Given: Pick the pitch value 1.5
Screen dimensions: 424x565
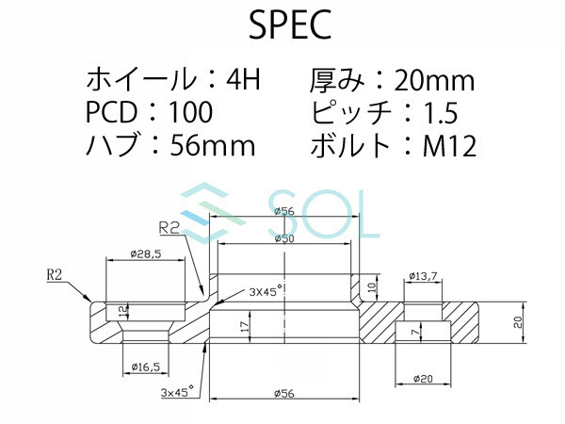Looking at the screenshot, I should point(439,113).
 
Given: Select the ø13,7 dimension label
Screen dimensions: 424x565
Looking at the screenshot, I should point(425,276).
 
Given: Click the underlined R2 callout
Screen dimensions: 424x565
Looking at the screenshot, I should point(169,227).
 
